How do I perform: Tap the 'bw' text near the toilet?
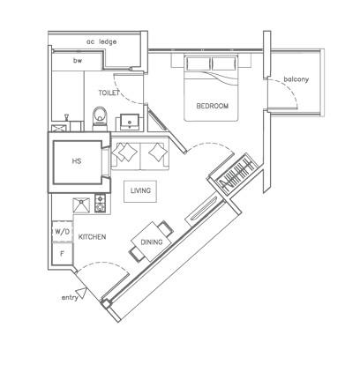(78, 62)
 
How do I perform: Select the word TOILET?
(110, 92)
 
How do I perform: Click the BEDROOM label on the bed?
(212, 106)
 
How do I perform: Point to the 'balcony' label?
(296, 80)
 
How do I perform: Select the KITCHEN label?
(93, 237)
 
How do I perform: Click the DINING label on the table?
(152, 241)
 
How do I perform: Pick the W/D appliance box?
(62, 231)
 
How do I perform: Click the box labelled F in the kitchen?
(62, 254)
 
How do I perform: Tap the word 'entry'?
(70, 298)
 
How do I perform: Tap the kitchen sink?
(80, 205)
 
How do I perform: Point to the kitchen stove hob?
(100, 205)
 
